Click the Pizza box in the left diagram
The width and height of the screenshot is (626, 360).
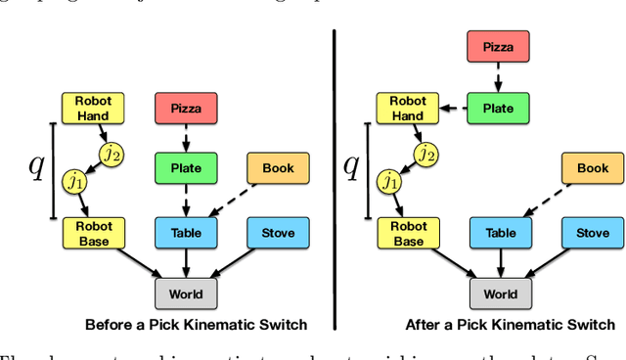click(186, 108)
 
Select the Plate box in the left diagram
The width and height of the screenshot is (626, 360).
click(186, 168)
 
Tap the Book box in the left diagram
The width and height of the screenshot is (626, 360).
click(277, 168)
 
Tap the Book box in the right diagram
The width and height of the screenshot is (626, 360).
click(592, 168)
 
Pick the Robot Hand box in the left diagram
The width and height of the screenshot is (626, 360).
click(88, 108)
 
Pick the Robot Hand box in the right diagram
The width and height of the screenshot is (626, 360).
click(408, 108)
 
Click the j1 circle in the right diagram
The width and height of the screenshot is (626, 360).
click(389, 182)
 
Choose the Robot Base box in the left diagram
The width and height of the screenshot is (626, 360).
click(88, 233)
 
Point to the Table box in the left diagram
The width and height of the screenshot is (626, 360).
click(186, 233)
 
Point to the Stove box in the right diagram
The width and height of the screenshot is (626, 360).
click(592, 233)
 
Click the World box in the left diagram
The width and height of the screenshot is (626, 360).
click(186, 293)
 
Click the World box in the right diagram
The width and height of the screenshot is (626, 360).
click(501, 293)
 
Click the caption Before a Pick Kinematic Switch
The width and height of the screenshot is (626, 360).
click(196, 325)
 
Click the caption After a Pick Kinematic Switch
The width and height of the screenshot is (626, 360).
click(510, 325)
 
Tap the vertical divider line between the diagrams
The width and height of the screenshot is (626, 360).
click(335, 176)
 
